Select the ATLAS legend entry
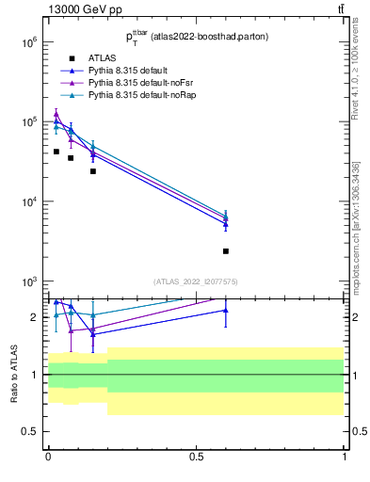101,59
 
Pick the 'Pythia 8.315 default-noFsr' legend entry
136,84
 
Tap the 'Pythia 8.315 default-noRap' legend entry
137,96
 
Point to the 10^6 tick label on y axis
28,42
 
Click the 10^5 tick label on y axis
28,122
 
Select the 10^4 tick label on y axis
28,202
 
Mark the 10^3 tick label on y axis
28,282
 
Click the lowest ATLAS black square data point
226,251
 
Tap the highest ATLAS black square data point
56,152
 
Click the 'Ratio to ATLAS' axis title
14,374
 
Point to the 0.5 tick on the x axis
196,457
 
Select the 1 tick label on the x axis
345,457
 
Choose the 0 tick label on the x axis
48,457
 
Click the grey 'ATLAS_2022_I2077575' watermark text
196,281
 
